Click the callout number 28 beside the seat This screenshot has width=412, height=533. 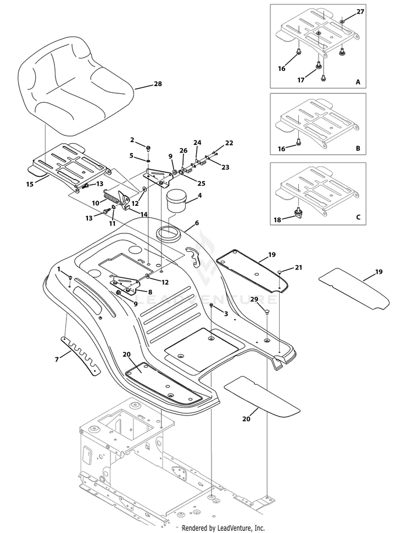(x=158, y=83)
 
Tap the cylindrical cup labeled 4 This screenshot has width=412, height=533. (x=176, y=201)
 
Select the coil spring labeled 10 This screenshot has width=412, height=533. (x=112, y=198)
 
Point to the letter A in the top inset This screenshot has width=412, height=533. (x=358, y=82)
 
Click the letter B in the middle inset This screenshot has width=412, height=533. (x=358, y=149)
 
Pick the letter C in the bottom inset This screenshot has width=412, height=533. (x=358, y=217)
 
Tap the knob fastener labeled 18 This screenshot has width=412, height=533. (x=299, y=214)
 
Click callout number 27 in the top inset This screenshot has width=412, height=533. (x=360, y=12)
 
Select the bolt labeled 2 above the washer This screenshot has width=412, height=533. (x=148, y=148)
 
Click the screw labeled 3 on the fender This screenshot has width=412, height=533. (x=211, y=305)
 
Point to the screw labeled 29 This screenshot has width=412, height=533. (x=267, y=310)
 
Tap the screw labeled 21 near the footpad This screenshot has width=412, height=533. (x=280, y=272)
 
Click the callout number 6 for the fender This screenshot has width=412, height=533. (x=197, y=223)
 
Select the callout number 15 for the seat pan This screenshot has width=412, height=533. (x=30, y=184)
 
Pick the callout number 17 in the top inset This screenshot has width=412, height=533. (x=300, y=80)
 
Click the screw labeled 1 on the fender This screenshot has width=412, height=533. (x=70, y=278)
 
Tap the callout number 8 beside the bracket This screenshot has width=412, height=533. (x=150, y=291)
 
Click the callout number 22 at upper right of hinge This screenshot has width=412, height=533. (x=229, y=143)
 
